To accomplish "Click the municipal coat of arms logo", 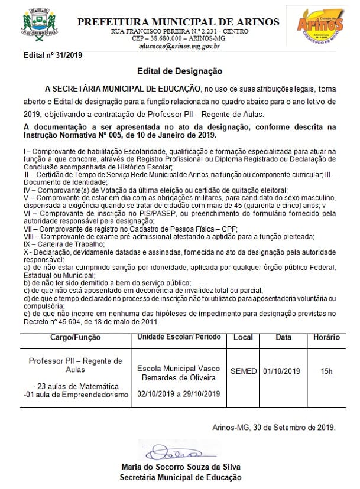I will click(36, 27).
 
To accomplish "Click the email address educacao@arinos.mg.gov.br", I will click(179, 45).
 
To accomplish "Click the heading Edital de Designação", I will click(179, 71).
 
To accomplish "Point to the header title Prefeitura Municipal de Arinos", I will click(179, 22).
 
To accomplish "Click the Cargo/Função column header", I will click(76, 337).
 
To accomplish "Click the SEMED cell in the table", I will click(243, 371).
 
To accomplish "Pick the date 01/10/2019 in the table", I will click(281, 371).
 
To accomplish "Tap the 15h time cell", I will click(326, 371).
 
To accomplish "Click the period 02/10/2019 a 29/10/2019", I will click(179, 394).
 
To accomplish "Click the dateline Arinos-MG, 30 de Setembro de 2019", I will click(274, 427).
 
